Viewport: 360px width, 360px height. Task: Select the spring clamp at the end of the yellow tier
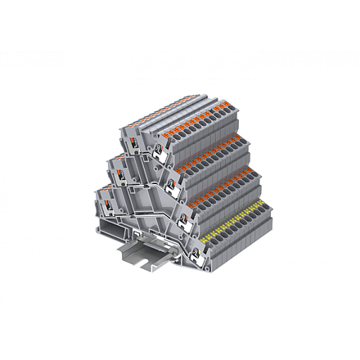[191, 241]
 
